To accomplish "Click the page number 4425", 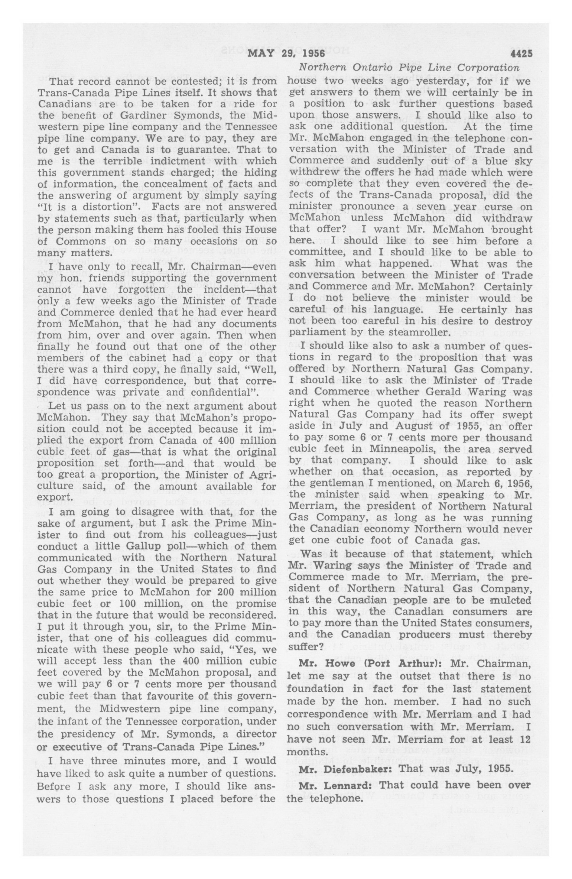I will point(521,54).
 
